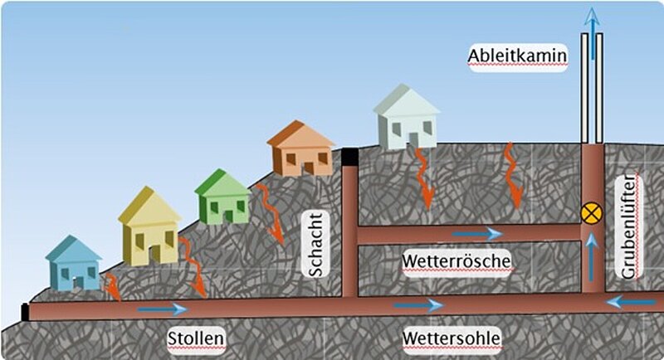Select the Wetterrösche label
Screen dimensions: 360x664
click(456, 261)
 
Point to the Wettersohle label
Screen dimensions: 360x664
click(452, 338)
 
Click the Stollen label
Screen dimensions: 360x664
click(197, 338)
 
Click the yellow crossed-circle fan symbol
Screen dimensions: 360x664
click(592, 213)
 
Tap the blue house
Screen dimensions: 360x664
click(73, 264)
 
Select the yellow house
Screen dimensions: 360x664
click(149, 226)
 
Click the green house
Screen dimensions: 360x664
click(222, 197)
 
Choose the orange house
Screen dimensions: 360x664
click(300, 149)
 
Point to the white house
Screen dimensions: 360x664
click(406, 119)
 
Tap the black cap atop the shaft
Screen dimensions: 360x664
click(350, 156)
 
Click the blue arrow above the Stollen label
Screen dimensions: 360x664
click(163, 309)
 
